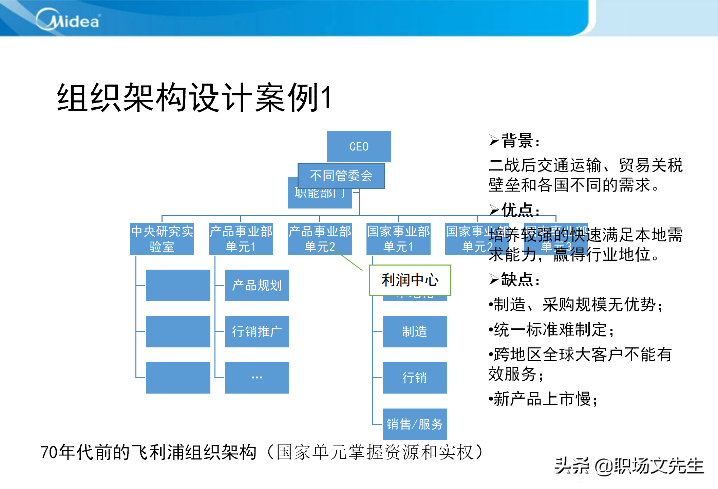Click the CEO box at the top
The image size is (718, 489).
coord(359,146)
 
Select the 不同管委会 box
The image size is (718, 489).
coord(341,176)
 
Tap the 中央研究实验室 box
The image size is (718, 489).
coord(162,239)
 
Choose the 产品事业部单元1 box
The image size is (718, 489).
coord(241,239)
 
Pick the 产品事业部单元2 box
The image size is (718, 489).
coord(319,239)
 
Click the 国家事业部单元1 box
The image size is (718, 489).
coord(398,239)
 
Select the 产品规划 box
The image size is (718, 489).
coord(257,285)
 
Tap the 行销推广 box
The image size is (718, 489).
coord(257,331)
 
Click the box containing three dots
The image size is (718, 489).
coord(257,378)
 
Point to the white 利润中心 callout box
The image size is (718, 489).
coord(410,280)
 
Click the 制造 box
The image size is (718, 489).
coord(415,331)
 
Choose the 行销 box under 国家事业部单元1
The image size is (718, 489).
coord(415,378)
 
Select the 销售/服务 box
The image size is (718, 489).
coord(415,424)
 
